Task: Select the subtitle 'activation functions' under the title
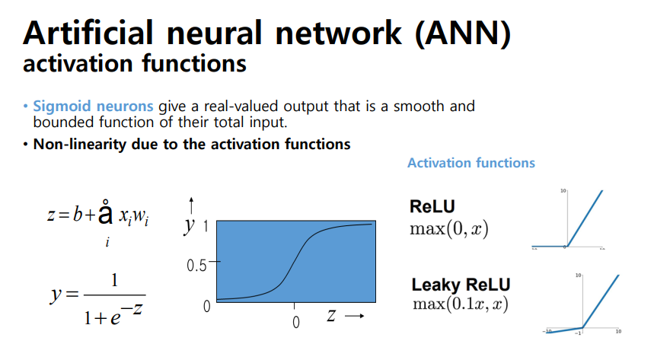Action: (x=135, y=63)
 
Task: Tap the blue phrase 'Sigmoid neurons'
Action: (x=93, y=107)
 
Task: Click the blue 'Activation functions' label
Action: (x=471, y=163)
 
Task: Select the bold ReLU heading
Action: (x=432, y=206)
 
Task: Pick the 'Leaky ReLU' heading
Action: (x=461, y=285)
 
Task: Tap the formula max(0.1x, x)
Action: (x=461, y=304)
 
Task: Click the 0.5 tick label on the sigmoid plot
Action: (x=197, y=266)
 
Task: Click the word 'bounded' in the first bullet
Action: (x=57, y=120)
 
